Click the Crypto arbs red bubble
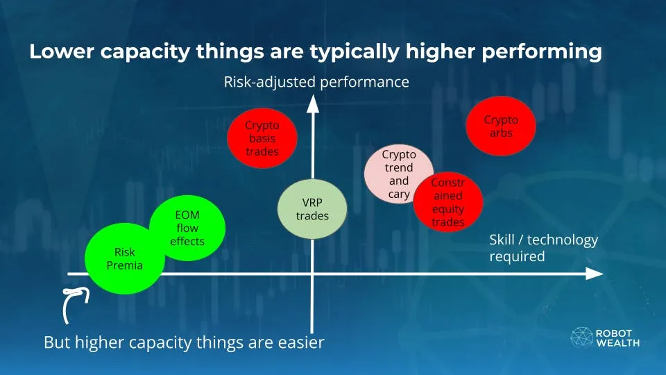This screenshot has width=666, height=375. (x=501, y=126)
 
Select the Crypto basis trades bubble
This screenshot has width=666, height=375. (x=262, y=138)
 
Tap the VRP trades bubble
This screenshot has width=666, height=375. (x=312, y=209)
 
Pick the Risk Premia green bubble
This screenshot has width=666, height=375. (x=125, y=258)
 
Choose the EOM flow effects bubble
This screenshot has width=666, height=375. (x=187, y=228)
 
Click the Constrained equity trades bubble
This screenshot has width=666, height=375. (x=447, y=202)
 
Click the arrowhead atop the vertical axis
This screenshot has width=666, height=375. (x=313, y=104)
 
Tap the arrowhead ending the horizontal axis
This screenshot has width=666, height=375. (x=595, y=274)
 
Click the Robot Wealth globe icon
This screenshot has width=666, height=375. (x=581, y=337)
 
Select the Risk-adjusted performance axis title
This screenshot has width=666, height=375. (x=316, y=82)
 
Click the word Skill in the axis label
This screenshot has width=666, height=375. (x=502, y=240)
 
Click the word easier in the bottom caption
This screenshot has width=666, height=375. (x=301, y=342)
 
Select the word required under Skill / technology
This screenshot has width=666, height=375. (x=517, y=257)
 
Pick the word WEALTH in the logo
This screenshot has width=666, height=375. (x=618, y=342)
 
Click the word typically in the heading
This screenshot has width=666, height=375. (x=355, y=52)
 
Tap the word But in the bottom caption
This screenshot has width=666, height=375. (x=58, y=342)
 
